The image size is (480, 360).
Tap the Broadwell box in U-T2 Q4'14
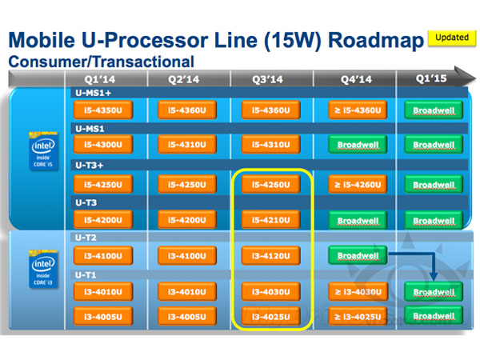[357, 256]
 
